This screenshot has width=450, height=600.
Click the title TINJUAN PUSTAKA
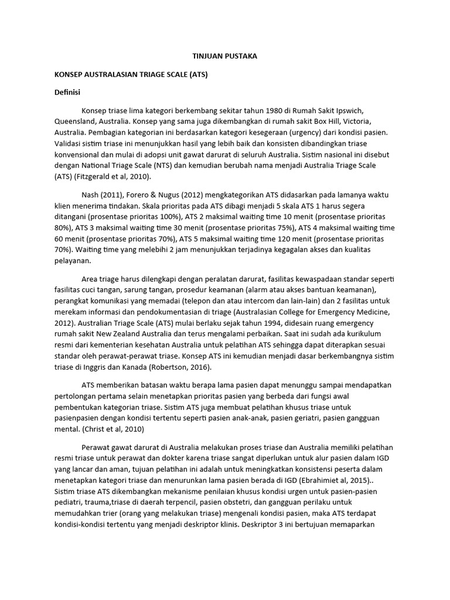tap(225, 56)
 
